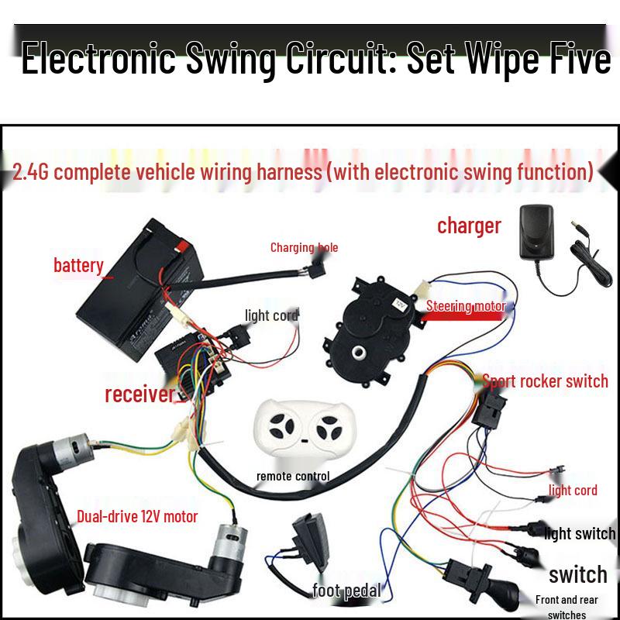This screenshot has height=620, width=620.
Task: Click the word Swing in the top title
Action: [x=230, y=60]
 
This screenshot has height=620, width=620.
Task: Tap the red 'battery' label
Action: [x=79, y=266]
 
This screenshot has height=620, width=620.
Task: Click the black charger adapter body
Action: [x=536, y=232]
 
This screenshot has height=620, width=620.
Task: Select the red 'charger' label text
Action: [x=469, y=226]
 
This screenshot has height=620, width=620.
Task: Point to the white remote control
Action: [x=305, y=427]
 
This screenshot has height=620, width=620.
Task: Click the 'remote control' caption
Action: [x=293, y=476]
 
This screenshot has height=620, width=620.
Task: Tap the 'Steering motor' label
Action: [x=466, y=306]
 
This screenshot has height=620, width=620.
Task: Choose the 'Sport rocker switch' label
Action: [x=545, y=381]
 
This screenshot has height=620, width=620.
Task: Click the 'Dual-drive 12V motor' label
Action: [x=137, y=516]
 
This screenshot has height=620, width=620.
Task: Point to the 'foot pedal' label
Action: [x=346, y=591]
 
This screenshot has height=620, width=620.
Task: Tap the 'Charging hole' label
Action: [x=304, y=247]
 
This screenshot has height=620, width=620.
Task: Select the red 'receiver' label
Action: [x=139, y=394]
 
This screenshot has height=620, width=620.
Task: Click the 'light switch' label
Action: [x=580, y=534]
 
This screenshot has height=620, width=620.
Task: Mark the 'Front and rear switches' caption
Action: [x=567, y=607]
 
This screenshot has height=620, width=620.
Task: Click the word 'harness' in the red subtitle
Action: [x=289, y=172]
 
